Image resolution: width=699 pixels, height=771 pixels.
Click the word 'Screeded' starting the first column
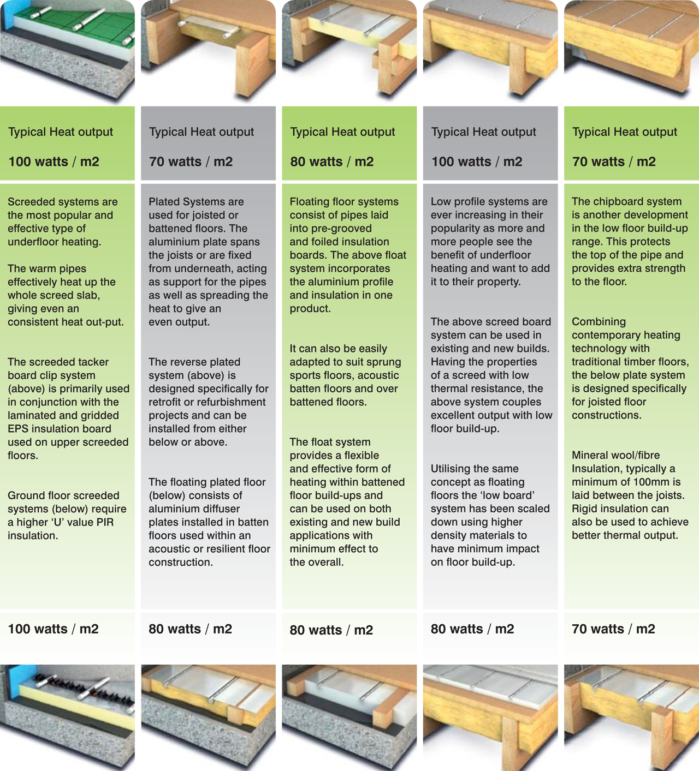click(29, 202)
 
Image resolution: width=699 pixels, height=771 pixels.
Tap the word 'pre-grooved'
click(330, 229)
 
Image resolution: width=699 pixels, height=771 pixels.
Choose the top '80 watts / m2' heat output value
click(331, 162)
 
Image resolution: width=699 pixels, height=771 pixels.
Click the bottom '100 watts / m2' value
click(53, 629)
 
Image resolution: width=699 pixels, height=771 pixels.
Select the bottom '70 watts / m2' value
click(613, 629)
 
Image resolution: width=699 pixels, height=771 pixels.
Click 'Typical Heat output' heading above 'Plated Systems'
click(201, 132)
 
